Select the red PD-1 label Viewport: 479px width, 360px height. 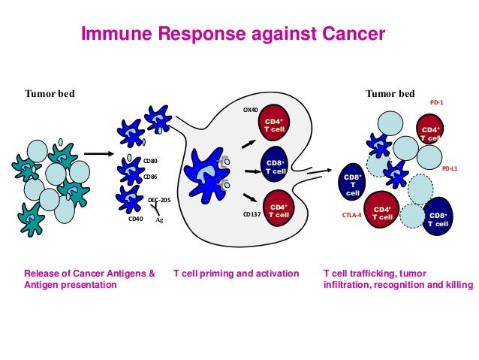[x=436, y=101]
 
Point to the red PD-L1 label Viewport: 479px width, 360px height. [x=449, y=168]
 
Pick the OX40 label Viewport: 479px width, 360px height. [x=250, y=109]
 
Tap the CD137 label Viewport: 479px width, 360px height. [x=252, y=213]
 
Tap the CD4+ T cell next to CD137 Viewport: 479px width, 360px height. [x=278, y=210]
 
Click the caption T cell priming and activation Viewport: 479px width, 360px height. [x=236, y=273]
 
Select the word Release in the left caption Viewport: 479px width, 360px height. [x=41, y=273]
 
